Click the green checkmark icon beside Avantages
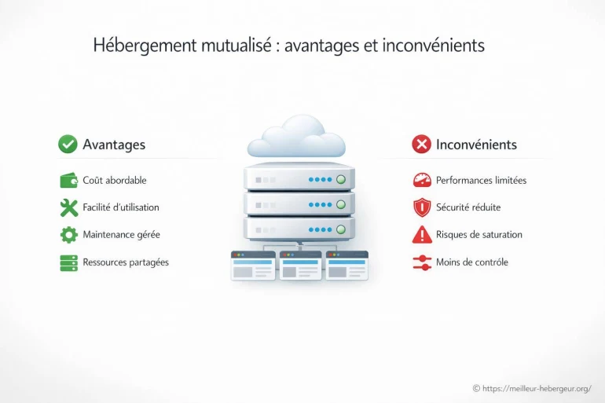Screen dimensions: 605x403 click(68, 145)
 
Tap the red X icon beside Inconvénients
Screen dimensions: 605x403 click(421, 145)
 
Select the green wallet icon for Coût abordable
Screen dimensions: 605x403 click(69, 180)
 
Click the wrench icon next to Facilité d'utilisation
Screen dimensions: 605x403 click(69, 207)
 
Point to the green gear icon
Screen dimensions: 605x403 click(69, 234)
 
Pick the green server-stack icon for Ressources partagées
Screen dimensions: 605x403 click(69, 263)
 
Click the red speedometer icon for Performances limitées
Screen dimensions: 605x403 click(422, 180)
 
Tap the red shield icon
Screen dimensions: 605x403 click(422, 207)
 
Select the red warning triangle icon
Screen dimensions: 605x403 click(422, 234)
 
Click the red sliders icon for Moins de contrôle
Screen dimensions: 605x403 click(422, 262)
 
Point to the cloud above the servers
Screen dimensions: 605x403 click(296, 136)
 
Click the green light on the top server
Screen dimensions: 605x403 click(341, 179)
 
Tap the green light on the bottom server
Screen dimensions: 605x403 click(341, 230)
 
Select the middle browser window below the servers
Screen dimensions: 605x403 click(300, 266)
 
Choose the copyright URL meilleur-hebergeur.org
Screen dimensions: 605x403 click(537, 388)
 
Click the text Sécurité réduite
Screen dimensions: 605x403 click(468, 207)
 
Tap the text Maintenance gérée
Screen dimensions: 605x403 click(121, 235)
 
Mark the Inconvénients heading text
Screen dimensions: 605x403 click(476, 145)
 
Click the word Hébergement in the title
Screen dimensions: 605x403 click(145, 46)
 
